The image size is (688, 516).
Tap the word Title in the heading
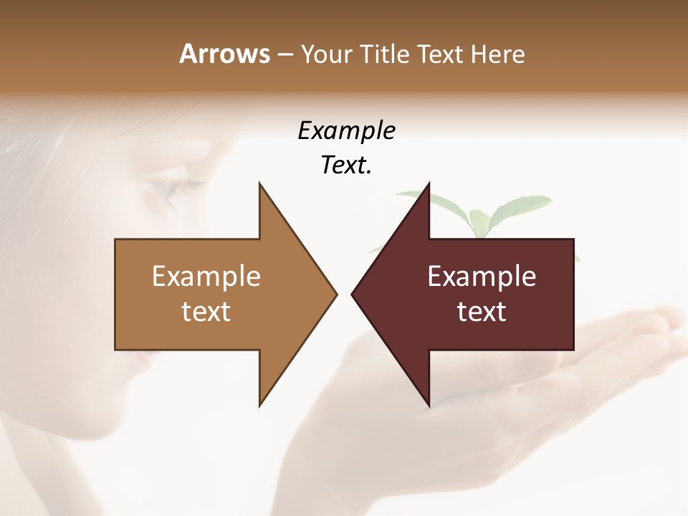[383, 54]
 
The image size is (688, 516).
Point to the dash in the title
[285, 54]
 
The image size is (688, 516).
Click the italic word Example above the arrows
[346, 130]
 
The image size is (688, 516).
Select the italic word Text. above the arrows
[346, 165]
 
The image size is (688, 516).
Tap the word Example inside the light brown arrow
[206, 276]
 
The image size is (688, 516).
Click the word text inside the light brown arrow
[206, 311]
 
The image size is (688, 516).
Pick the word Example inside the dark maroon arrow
[482, 276]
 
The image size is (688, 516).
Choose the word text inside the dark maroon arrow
[482, 311]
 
